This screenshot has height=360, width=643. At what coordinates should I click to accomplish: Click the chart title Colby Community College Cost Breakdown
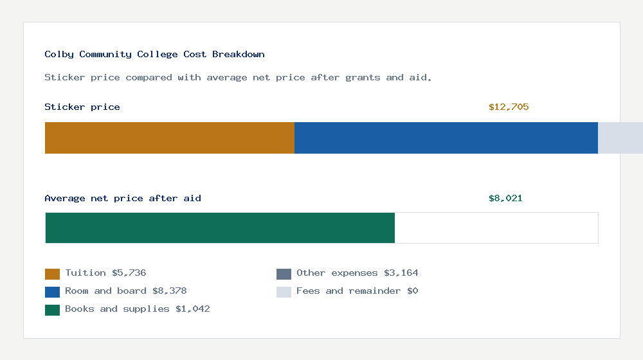coord(154,55)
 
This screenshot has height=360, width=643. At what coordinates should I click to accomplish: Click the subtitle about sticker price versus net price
coord(238,78)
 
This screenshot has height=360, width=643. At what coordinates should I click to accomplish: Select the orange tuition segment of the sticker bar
coord(169,138)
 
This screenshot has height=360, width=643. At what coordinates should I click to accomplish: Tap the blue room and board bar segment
coord(446,138)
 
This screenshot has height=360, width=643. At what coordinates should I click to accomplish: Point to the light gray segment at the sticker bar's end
coord(620,138)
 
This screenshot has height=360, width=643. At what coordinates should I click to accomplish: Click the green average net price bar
coord(220,228)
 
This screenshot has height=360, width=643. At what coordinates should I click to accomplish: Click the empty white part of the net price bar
coord(496,228)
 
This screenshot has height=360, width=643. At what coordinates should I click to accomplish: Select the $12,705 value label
coord(509,107)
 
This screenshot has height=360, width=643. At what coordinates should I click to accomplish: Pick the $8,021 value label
coord(505,199)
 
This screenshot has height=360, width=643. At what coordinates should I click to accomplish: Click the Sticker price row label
coord(82,107)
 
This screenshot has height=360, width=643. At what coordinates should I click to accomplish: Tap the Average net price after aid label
coord(123,199)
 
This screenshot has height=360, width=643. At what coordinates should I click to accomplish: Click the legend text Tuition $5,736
coord(105,273)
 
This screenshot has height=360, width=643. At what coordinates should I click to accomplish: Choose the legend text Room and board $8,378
coord(126,291)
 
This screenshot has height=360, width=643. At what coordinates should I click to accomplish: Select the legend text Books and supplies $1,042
coord(138,309)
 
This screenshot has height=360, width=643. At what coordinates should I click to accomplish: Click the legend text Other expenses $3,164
coord(357,273)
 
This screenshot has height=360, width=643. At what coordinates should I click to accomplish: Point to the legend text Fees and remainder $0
coord(357,291)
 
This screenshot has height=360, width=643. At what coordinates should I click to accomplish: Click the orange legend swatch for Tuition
coord(52,274)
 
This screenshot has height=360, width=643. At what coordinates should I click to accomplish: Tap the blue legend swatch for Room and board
coord(52,292)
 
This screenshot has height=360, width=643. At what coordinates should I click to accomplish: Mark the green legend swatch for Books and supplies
coord(52,310)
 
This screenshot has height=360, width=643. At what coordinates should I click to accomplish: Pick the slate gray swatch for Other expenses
coord(284,274)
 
